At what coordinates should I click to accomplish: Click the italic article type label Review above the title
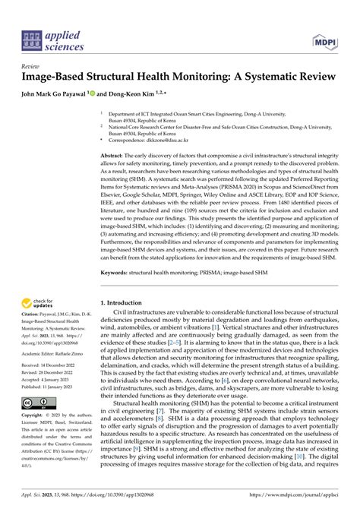[x=31, y=67]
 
